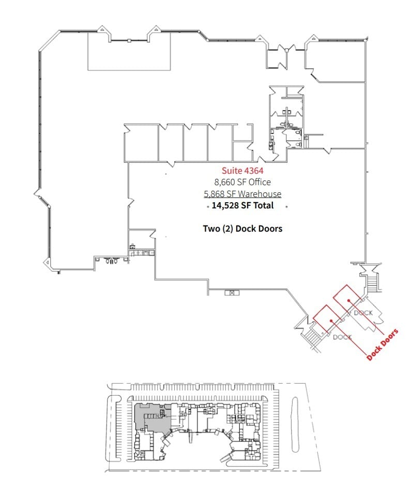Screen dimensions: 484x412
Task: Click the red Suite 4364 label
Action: click(242, 170)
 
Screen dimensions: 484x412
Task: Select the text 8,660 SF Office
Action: click(242, 182)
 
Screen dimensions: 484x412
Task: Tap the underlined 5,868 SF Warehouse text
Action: click(242, 194)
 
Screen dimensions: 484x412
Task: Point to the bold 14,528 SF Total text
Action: click(242, 206)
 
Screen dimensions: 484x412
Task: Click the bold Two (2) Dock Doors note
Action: click(242, 228)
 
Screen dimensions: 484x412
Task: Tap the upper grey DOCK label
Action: click(363, 312)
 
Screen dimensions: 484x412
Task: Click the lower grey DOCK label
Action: click(342, 337)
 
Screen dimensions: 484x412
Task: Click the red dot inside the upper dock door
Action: click(349, 300)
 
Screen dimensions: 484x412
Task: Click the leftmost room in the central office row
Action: click(141, 144)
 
